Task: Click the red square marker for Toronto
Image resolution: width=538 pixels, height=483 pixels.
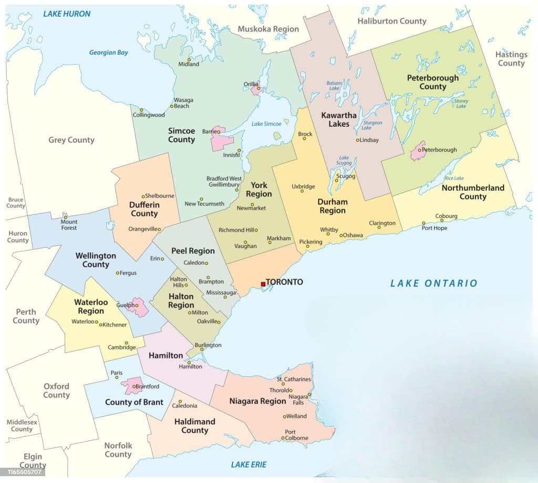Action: tap(263, 284)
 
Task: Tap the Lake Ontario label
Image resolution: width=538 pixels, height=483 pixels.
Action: tap(433, 283)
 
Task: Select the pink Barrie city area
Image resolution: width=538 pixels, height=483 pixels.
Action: tap(222, 141)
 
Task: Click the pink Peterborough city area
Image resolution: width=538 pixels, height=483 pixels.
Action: tap(418, 151)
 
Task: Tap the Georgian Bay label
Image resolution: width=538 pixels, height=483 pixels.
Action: tap(108, 53)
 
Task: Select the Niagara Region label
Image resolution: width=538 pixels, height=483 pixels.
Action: tap(257, 401)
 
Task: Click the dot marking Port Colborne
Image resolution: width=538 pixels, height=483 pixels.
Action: tap(283, 438)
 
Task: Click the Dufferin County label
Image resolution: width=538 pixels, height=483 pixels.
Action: tap(144, 209)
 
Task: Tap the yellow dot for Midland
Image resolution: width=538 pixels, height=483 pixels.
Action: tap(189, 59)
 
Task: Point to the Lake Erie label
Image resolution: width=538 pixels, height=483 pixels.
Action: tap(249, 464)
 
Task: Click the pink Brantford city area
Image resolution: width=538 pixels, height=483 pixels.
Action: tap(131, 386)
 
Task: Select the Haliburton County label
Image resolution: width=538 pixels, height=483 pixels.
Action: tap(391, 21)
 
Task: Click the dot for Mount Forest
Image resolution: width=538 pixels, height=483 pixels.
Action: tap(66, 217)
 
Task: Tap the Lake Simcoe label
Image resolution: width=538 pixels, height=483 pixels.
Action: tap(266, 124)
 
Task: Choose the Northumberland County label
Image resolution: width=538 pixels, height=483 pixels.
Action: tap(473, 192)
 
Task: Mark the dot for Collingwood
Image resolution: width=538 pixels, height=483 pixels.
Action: tap(141, 110)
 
